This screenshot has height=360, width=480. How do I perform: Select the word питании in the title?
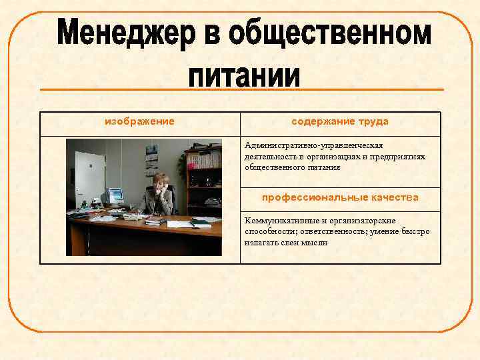243,74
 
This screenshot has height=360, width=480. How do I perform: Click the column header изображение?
140,121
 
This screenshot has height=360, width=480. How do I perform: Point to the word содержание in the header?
323,121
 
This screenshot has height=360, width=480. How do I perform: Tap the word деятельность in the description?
270,157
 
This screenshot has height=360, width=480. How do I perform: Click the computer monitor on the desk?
115,195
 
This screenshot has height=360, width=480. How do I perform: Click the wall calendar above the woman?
151,163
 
